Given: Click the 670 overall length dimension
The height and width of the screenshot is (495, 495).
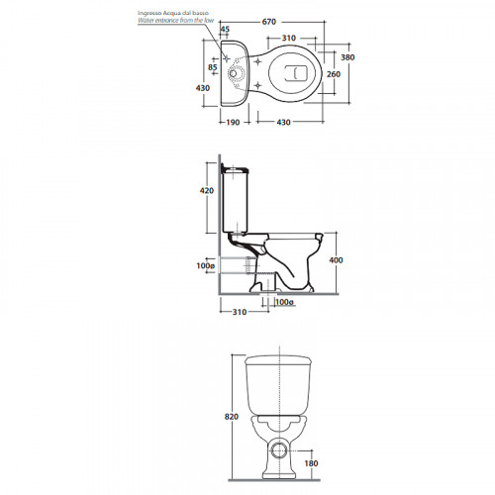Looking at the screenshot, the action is click(x=269, y=22).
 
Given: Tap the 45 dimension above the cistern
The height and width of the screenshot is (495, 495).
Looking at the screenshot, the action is click(x=225, y=30).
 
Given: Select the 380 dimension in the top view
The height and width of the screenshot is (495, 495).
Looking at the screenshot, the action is click(x=347, y=57).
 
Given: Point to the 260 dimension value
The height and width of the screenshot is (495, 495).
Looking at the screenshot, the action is click(x=334, y=74).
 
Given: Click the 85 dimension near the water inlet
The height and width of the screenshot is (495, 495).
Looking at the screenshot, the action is click(x=213, y=67).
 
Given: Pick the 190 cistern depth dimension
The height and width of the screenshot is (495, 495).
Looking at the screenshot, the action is click(x=233, y=123).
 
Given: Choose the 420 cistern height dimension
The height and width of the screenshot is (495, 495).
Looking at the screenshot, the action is click(x=207, y=191).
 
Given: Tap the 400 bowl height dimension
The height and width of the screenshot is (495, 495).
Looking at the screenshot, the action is click(x=336, y=260).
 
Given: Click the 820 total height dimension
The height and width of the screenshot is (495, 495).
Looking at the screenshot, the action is click(x=232, y=417).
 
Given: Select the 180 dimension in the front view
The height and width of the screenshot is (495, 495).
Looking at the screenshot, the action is click(x=311, y=463).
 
